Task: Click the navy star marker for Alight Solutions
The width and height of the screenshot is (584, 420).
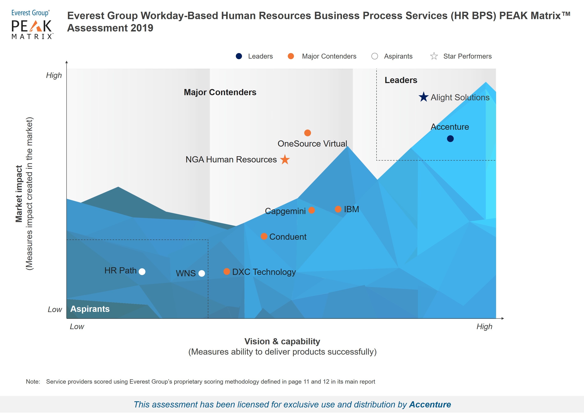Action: (424, 97)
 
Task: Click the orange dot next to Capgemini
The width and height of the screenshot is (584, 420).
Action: (312, 210)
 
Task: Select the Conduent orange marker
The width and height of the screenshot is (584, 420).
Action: (264, 236)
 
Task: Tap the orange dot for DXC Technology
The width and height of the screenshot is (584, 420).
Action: (227, 272)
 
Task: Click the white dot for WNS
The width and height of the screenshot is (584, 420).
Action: (202, 273)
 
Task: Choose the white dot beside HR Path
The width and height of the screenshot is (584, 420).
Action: (142, 272)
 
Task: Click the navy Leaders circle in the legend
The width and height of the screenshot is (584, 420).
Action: (239, 56)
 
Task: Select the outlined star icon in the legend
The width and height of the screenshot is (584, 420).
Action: (434, 56)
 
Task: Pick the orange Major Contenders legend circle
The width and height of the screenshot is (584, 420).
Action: (291, 56)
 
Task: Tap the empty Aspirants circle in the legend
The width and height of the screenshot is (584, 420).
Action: (375, 56)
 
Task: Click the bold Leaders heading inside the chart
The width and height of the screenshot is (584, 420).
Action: (401, 80)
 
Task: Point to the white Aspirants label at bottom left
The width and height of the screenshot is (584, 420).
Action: (90, 309)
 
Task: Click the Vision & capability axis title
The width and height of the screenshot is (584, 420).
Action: (282, 341)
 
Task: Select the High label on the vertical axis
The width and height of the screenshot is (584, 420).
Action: (54, 75)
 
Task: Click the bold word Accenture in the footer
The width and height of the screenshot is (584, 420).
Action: (430, 405)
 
